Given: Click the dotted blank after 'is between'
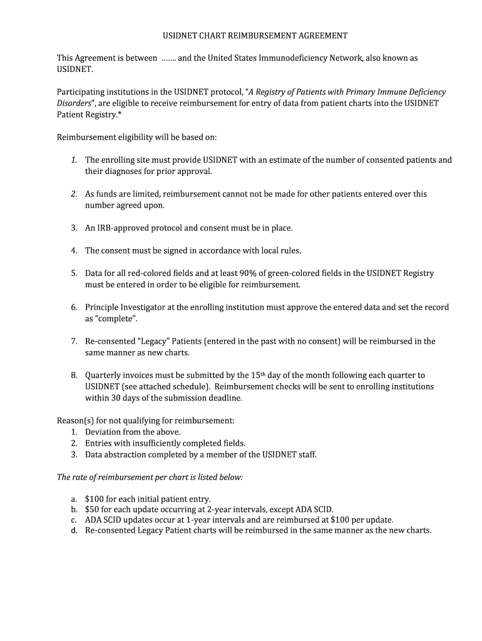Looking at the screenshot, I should [168, 58].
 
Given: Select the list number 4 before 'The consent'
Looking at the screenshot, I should [73, 250].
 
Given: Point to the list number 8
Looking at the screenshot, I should [73, 375].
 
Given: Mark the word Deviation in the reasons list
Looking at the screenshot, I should [104, 432].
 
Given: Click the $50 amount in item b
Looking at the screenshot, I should [92, 510].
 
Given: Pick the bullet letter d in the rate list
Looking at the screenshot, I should [73, 530].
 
